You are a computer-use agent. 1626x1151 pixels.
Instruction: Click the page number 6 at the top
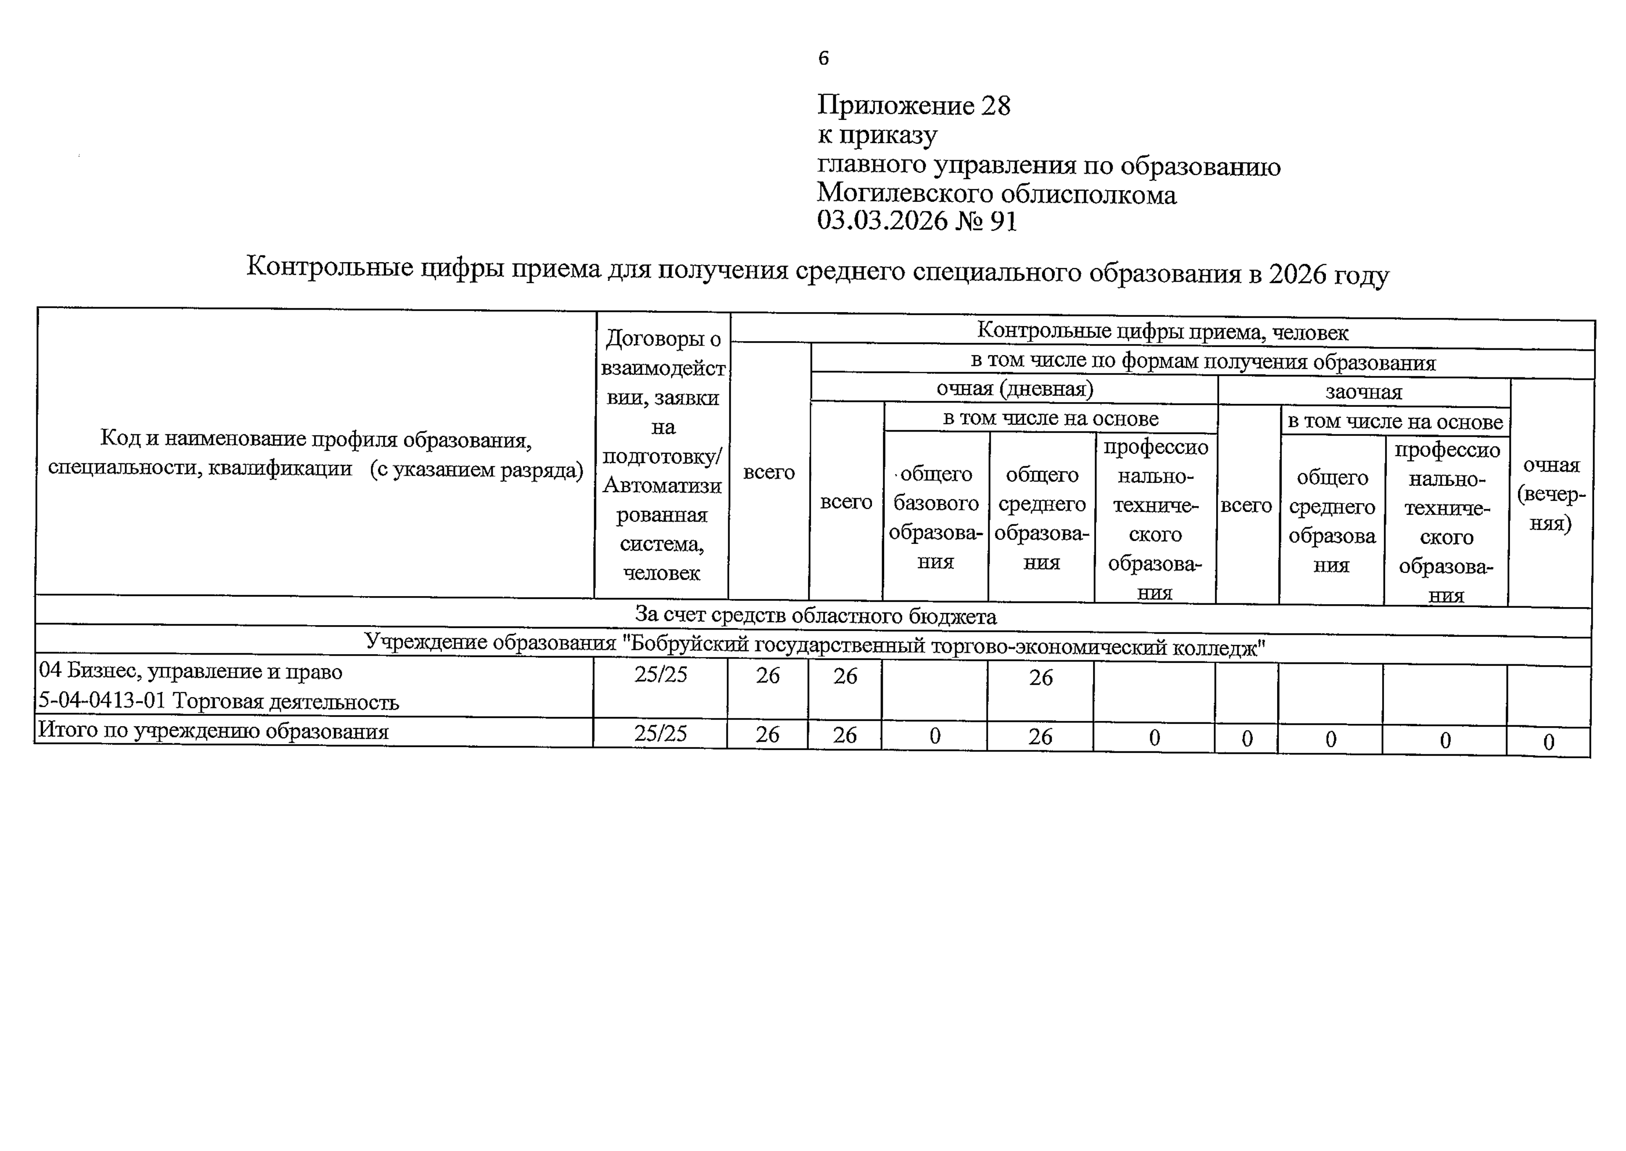[x=823, y=58]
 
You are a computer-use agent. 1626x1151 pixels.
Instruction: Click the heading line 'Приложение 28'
[x=914, y=105]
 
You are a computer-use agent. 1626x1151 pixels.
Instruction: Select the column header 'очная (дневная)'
[x=1014, y=389]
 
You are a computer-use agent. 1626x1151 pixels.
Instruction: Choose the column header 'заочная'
[x=1363, y=392]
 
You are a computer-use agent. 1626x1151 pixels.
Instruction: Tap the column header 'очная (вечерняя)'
[x=1551, y=494]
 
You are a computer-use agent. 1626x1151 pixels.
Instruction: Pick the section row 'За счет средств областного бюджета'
[x=815, y=616]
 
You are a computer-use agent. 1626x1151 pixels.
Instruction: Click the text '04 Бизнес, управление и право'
[x=191, y=671]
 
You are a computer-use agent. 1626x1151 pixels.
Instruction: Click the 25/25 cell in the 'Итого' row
[x=661, y=733]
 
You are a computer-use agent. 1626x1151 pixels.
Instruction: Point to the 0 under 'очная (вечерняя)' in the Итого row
[x=1549, y=742]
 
